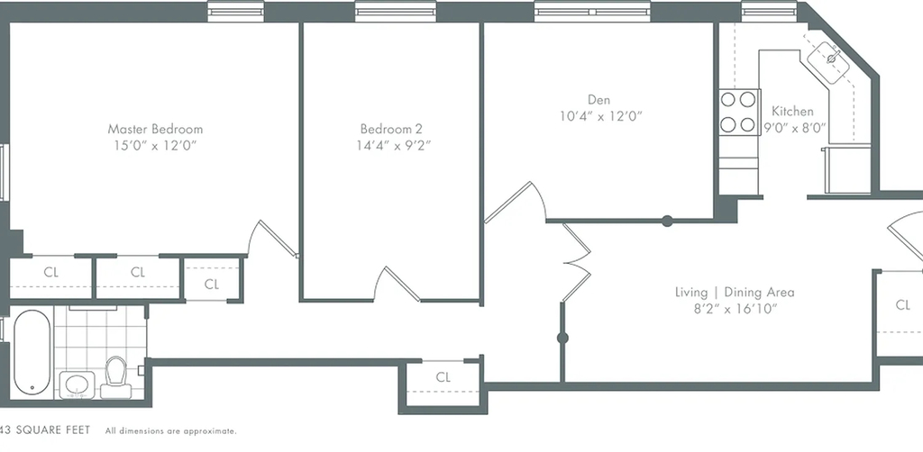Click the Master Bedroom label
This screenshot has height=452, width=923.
155,130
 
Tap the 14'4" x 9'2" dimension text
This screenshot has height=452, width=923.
393,145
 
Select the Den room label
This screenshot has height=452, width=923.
599,100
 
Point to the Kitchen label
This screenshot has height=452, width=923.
792,111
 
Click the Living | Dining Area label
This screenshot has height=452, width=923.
735,292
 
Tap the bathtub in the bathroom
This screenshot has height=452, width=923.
32,352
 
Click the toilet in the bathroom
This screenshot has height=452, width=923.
115,378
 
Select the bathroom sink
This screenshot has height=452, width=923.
78,385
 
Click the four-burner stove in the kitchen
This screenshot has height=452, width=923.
738,113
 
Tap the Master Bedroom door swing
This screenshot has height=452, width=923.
270,239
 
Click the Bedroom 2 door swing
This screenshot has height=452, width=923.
398,284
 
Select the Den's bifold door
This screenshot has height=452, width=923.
575,262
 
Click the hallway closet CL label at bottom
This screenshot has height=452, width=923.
443,377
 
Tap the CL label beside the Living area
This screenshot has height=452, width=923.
902,305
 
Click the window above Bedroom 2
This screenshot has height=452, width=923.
396,11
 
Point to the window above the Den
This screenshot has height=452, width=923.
592,11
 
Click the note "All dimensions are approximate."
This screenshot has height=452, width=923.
170,431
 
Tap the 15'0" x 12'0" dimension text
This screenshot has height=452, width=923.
155,146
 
